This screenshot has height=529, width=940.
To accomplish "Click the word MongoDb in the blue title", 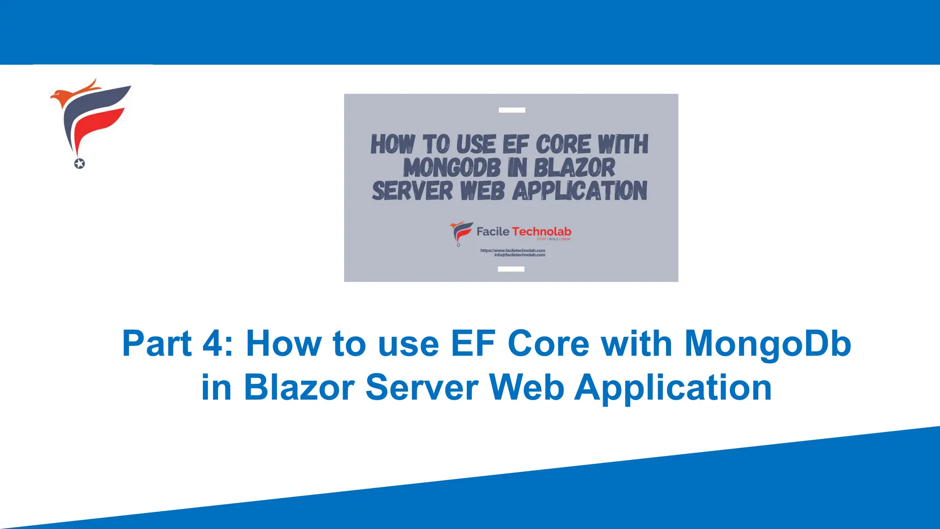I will pos(767,344).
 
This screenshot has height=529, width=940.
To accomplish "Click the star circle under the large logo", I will pos(79,163).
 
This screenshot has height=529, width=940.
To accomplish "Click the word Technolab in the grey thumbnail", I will pos(542,231).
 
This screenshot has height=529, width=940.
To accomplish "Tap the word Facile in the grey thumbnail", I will pos(492,231).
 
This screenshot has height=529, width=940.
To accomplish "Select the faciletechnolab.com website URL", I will pos(513,250).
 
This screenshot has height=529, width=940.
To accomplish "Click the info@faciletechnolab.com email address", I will pos(520,255).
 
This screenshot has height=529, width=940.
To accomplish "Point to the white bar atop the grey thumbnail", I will pos(512,110).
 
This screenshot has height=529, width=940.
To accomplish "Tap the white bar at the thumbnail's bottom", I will pos(511,269).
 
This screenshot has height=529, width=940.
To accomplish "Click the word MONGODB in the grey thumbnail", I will pos(452,168).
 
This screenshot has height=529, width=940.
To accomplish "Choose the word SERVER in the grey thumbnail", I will pos(412,191).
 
